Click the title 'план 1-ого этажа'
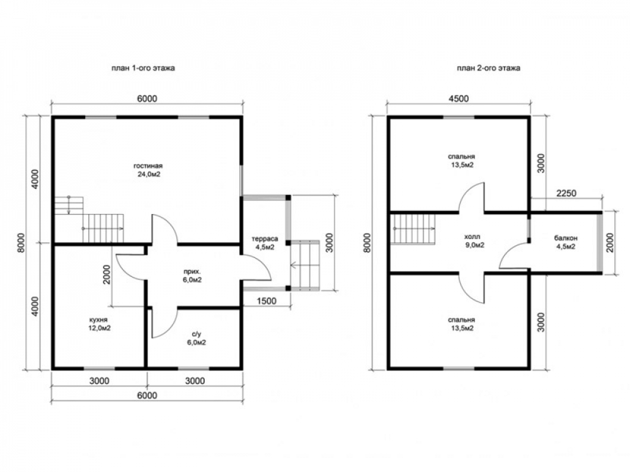pyautogui.click(x=143, y=68)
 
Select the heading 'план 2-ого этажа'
pyautogui.click(x=489, y=68)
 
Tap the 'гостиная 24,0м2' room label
pyautogui.click(x=148, y=170)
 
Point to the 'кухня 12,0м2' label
pyautogui.click(x=100, y=324)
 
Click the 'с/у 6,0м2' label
pyautogui.click(x=197, y=339)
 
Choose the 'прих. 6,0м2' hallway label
pyautogui.click(x=192, y=276)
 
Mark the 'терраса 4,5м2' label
pyautogui.click(x=265, y=243)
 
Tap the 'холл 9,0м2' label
pyautogui.click(x=474, y=241)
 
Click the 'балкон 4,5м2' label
pyautogui.click(x=566, y=242)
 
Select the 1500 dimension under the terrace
pyautogui.click(x=266, y=301)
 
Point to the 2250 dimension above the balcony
pyautogui.click(x=566, y=193)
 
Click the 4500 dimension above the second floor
pyautogui.click(x=459, y=98)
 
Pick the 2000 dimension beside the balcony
pyautogui.click(x=610, y=242)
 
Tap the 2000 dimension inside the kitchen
pyautogui.click(x=106, y=274)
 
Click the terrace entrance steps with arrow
pyautogui.click(x=304, y=266)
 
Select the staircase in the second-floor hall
pyautogui.click(x=413, y=229)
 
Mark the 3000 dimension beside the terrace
pyautogui.click(x=329, y=242)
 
